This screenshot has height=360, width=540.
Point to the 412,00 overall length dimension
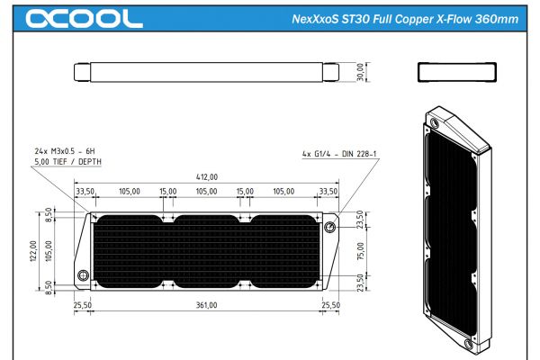[x=206, y=178]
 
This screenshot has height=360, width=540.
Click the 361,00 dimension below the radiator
[x=206, y=305]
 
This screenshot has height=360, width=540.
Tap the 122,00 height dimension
[x=34, y=250]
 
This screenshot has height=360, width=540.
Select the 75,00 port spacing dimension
[x=361, y=253]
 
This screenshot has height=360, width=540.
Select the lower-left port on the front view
[x=83, y=275]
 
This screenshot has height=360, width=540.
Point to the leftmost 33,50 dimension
[x=86, y=192]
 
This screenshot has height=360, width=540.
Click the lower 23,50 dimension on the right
[x=361, y=283]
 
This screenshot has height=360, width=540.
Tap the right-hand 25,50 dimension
[x=330, y=305]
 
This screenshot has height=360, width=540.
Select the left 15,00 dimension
[x=168, y=192]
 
